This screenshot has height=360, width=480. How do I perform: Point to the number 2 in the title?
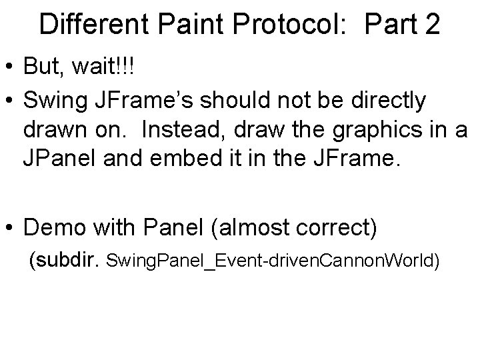tap(431, 25)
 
